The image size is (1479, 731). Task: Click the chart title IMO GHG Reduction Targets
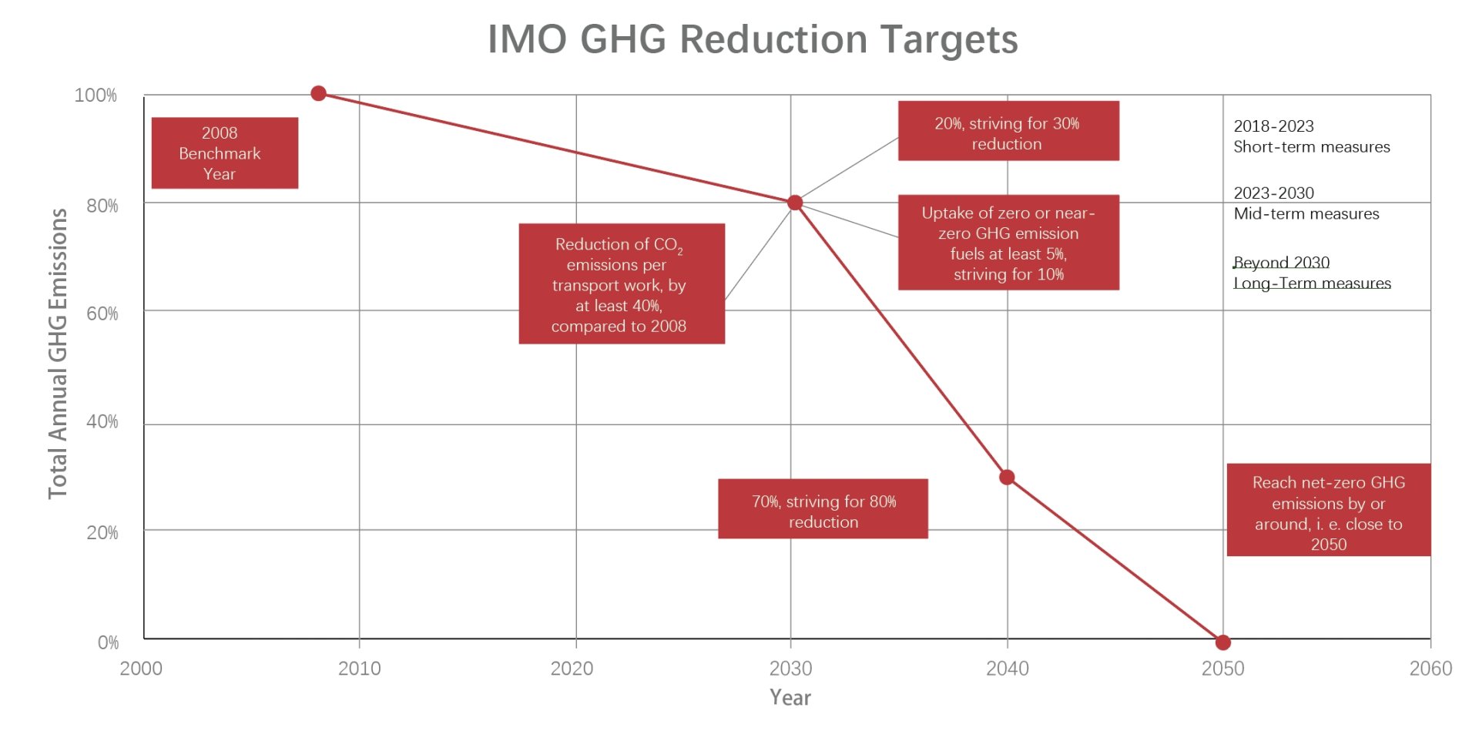[x=753, y=39]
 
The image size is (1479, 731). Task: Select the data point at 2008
[x=318, y=93]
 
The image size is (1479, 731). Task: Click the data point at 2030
[x=795, y=203]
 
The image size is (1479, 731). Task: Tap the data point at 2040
[x=1007, y=478]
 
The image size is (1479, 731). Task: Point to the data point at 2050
[x=1222, y=642]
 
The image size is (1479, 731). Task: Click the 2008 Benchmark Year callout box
[x=224, y=153]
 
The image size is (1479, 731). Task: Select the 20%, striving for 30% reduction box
[x=1008, y=131]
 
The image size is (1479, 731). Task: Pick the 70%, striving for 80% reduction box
[x=823, y=508]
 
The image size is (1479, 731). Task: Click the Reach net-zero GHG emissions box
[x=1328, y=510]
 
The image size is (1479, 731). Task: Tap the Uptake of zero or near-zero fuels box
[x=1008, y=243]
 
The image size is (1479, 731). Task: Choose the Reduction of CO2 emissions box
[x=621, y=283]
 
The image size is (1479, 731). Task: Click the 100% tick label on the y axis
[x=96, y=96]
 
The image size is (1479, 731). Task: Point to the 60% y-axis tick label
[x=102, y=314]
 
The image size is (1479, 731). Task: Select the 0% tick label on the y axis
[x=108, y=642]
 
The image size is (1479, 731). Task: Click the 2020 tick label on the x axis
[x=572, y=669]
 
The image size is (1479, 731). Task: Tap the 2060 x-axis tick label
[x=1430, y=669]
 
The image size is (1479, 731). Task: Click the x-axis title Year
[x=790, y=698]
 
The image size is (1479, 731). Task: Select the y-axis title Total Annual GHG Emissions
[x=58, y=354]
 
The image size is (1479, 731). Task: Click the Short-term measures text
[x=1311, y=147]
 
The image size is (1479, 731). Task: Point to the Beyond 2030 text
[x=1281, y=263]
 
